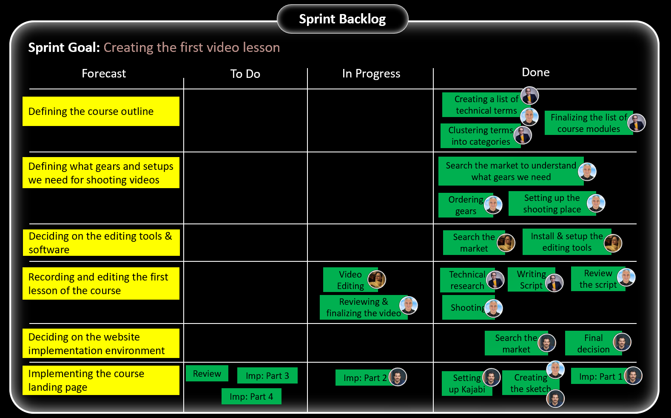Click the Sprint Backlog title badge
pos(342,19)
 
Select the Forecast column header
pos(104,74)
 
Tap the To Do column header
pos(245,74)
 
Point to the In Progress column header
pos(371,74)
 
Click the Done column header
pos(535,72)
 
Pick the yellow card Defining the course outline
pos(101,112)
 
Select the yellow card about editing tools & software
pos(101,243)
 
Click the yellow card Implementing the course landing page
pos(101,380)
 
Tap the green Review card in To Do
pos(207,374)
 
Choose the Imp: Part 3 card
pos(267,376)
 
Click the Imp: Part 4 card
pos(251,397)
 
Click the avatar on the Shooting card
pos(493,308)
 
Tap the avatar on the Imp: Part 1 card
pos(633,376)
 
